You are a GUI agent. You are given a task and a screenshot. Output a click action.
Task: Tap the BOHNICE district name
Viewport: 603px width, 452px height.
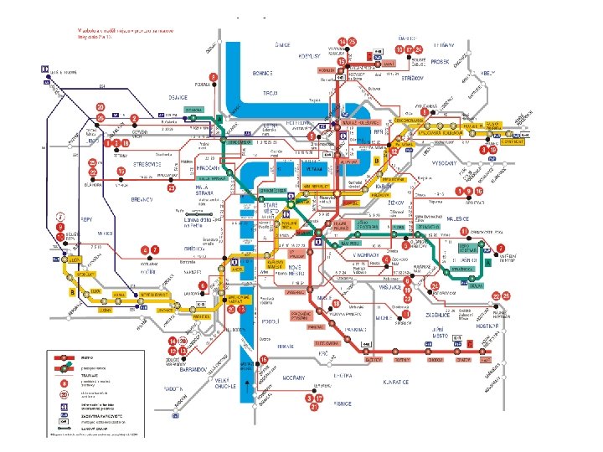(x=263, y=74)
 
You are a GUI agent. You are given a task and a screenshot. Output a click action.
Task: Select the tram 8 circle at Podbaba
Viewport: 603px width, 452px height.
(x=213, y=78)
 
